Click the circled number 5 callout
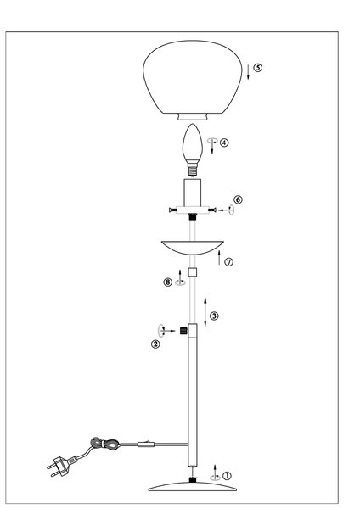pos(258,67)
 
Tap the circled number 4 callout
pos(224,143)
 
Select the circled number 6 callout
pos(238,200)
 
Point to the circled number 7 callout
pos(229,263)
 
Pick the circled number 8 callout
pos(168,282)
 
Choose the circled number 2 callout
pos(155,344)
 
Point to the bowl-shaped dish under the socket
pos(194,248)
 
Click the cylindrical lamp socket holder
pos(194,192)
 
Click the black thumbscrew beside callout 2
pos(183,328)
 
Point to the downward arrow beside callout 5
pos(249,71)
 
